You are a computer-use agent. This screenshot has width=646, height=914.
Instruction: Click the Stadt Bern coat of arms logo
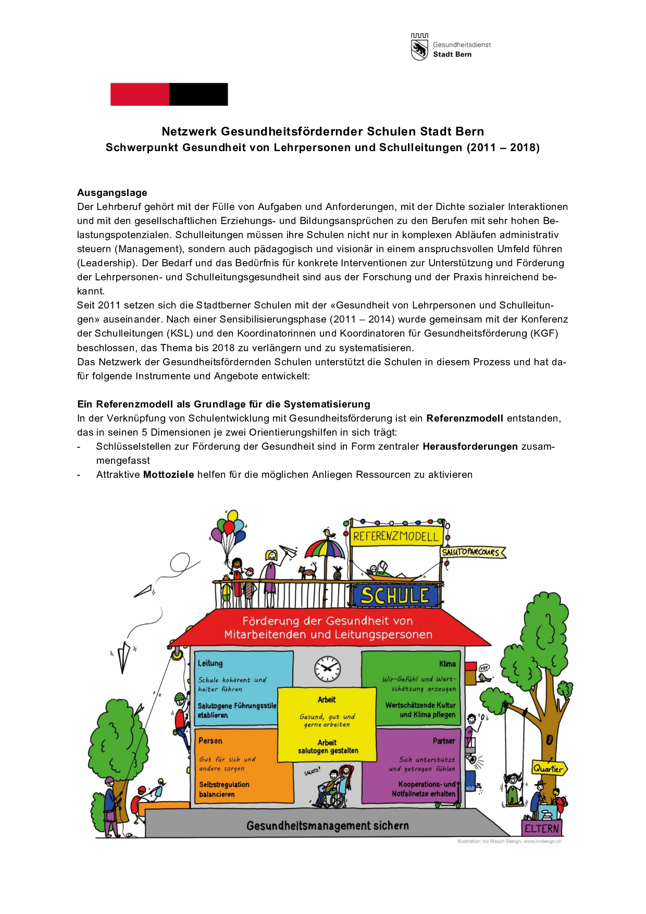419,47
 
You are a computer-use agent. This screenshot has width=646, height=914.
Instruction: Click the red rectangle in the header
140,94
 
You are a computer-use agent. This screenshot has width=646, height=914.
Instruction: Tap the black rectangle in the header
198,94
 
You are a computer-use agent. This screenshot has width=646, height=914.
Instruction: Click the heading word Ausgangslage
112,193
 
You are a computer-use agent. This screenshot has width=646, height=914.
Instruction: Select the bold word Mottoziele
168,475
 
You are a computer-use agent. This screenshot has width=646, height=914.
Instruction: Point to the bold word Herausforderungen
470,447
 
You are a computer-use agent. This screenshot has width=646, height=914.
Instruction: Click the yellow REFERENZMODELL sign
396,536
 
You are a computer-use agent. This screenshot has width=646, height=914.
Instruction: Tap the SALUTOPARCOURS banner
472,552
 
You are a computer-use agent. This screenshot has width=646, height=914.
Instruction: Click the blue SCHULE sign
394,596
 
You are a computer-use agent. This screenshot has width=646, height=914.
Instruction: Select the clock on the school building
327,669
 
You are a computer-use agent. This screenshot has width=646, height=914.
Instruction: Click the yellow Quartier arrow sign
549,769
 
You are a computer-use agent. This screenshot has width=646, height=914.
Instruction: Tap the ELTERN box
542,829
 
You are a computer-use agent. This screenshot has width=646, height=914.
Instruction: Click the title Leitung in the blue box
210,663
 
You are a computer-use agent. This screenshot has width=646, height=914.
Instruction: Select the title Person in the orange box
210,741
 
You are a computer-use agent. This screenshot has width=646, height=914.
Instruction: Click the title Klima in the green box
447,664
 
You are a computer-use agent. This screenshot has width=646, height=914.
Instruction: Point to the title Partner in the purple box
444,741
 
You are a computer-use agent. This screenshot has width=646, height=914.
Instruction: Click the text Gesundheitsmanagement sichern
327,826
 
